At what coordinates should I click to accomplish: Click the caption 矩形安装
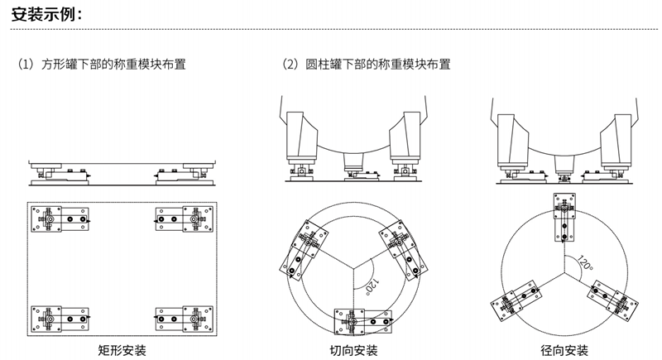pos(122,350)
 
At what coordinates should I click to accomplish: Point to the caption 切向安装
pos(353,350)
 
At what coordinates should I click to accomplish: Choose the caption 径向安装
pos(565,350)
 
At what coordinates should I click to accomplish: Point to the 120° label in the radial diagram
pos(585,264)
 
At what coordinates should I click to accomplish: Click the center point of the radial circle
pos(565,271)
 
